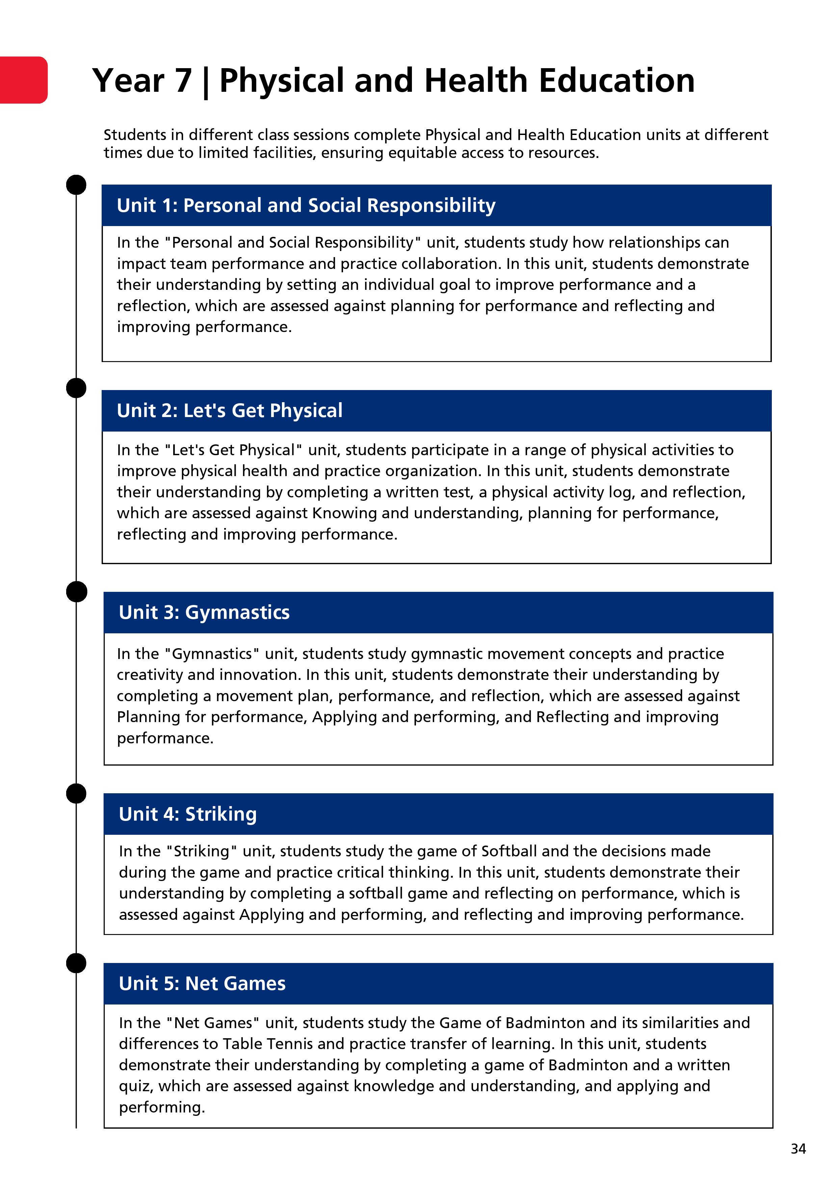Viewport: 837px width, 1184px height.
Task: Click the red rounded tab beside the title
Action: coord(24,80)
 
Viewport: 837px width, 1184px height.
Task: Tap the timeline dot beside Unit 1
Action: coord(76,185)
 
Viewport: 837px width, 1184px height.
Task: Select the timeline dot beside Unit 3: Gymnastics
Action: coord(76,591)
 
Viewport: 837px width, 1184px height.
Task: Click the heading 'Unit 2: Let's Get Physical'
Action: coord(229,411)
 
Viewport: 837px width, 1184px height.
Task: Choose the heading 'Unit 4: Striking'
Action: coord(187,814)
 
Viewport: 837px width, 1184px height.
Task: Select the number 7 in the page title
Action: coord(183,81)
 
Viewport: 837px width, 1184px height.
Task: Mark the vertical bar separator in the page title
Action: coord(206,83)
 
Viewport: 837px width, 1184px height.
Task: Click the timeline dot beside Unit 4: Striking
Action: coord(76,793)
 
